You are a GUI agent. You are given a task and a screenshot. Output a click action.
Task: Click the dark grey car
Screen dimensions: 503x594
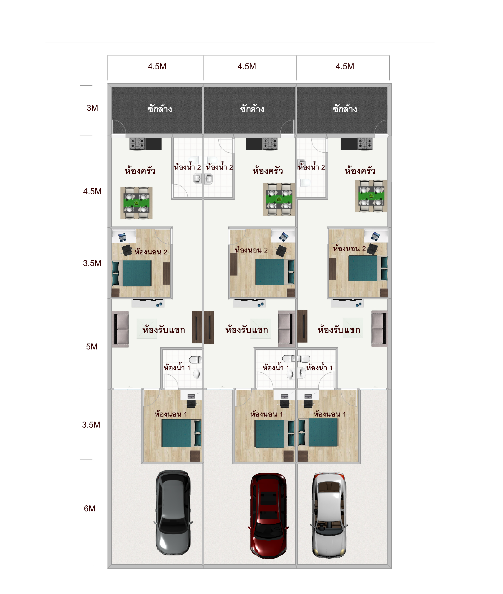(x=173, y=512)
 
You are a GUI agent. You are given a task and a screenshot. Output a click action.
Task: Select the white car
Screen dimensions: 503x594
(x=329, y=515)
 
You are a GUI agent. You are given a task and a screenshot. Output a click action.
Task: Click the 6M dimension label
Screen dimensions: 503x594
(x=89, y=509)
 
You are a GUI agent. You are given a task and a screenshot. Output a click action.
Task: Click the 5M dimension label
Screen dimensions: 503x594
(x=92, y=347)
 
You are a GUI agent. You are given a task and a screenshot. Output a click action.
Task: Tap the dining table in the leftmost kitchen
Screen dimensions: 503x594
(x=136, y=203)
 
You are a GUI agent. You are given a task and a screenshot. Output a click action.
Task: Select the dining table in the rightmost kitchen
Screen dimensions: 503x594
(x=371, y=196)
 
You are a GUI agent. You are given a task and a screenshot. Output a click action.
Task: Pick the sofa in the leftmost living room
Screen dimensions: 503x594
(x=120, y=329)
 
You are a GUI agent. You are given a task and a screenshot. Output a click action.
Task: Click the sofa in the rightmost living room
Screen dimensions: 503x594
(x=379, y=328)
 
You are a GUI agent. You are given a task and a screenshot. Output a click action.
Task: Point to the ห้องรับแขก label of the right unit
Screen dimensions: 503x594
(x=339, y=330)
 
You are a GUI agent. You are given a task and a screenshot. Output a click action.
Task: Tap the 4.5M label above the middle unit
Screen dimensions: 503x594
(x=247, y=66)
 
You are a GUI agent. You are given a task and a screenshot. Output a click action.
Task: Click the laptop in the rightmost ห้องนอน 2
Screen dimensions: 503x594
(x=375, y=236)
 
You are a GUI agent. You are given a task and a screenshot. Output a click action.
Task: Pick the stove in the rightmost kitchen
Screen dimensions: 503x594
(x=365, y=144)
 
